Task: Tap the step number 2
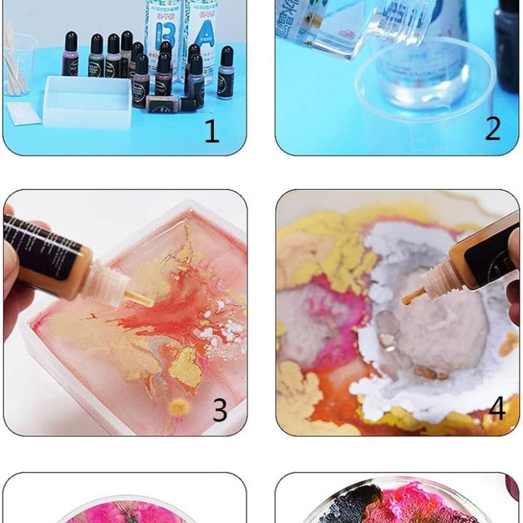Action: [x=492, y=129]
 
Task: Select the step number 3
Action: [x=220, y=410]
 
